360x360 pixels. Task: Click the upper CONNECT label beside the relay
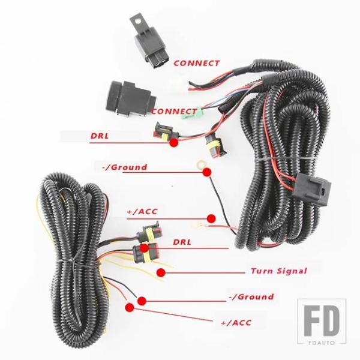pos(197,63)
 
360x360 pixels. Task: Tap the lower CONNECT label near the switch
pos(174,112)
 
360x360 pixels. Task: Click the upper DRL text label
pos(100,136)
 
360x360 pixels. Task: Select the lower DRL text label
pos(182,242)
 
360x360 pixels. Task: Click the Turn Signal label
pos(279,271)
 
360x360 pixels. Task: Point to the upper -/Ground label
pos(124,167)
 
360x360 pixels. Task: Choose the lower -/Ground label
pos(251,297)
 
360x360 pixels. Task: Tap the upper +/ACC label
pos(142,211)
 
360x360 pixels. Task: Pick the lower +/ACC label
pos(236,323)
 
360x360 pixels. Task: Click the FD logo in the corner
pos(322,322)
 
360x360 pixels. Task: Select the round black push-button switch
pos(130,98)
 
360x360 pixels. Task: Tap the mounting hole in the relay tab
pos(138,22)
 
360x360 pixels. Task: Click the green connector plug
pos(189,113)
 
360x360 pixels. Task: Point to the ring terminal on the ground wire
pos(200,164)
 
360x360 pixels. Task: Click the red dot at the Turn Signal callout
pos(161,272)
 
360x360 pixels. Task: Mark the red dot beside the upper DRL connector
pos(174,143)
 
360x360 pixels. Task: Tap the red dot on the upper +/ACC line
pos(211,218)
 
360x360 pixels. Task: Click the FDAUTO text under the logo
pos(322,343)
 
